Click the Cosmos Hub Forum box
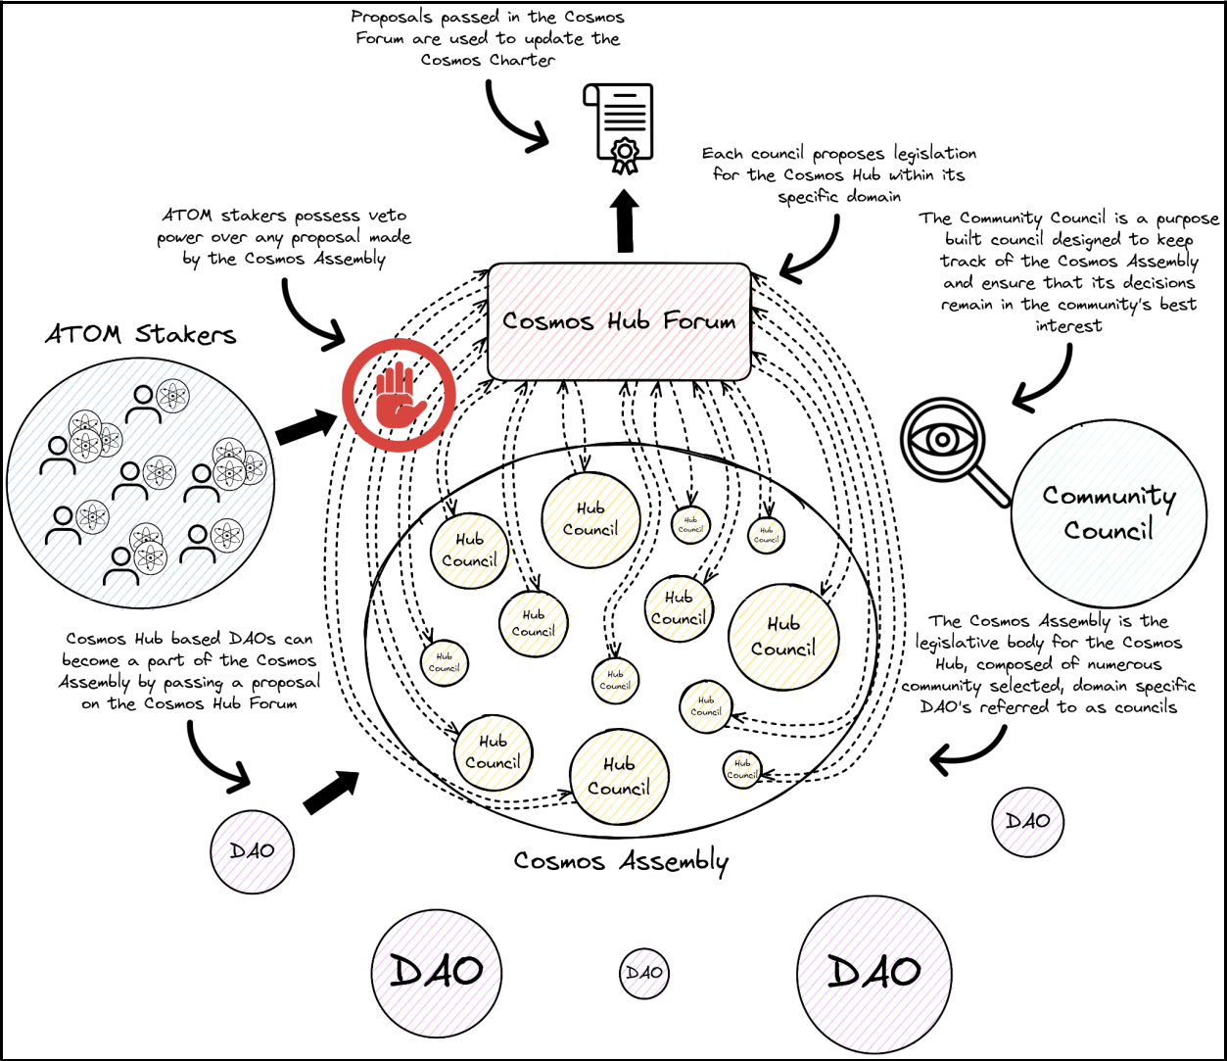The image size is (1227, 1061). tap(619, 321)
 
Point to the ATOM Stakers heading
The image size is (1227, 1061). tap(140, 334)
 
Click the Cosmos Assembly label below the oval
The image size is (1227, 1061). tap(621, 861)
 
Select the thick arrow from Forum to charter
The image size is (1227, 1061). tap(624, 220)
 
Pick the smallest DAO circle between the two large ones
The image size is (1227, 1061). tap(643, 974)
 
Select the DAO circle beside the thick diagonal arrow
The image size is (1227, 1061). tap(252, 850)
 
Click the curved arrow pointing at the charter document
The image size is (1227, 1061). tap(509, 118)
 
